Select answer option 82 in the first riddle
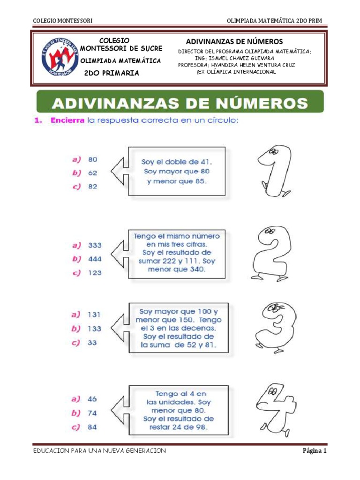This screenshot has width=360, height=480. point(93,186)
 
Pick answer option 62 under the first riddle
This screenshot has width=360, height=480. point(93,172)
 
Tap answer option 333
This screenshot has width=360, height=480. point(95,245)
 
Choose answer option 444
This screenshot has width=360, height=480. point(95,258)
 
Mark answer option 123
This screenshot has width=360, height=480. point(95,272)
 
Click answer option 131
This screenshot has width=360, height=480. point(94,315)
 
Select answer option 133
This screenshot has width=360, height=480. point(94,329)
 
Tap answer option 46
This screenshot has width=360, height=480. point(92,399)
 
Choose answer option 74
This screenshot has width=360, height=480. point(92,413)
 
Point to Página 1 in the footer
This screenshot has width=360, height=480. point(314,451)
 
